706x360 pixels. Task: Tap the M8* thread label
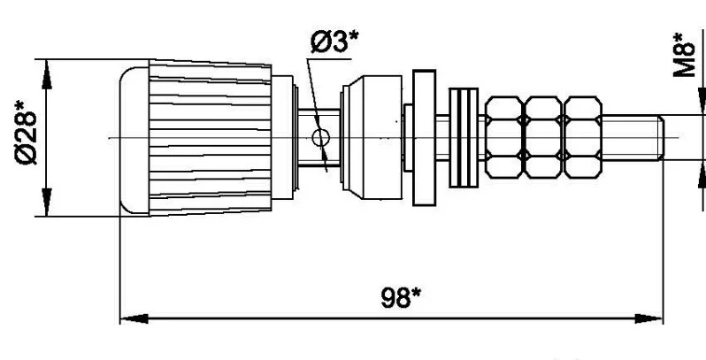tap(683, 55)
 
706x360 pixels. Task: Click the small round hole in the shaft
tap(321, 137)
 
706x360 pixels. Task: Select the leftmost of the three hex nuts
tap(503, 137)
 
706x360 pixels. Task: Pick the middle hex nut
tap(542, 137)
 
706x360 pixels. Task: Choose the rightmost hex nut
tap(580, 137)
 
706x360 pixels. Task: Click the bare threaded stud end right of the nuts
tap(632, 137)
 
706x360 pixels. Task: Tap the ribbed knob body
tap(212, 137)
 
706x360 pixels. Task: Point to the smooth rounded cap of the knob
tap(133, 137)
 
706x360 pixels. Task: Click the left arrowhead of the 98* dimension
tap(128, 317)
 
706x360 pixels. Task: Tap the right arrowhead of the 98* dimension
tap(655, 317)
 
